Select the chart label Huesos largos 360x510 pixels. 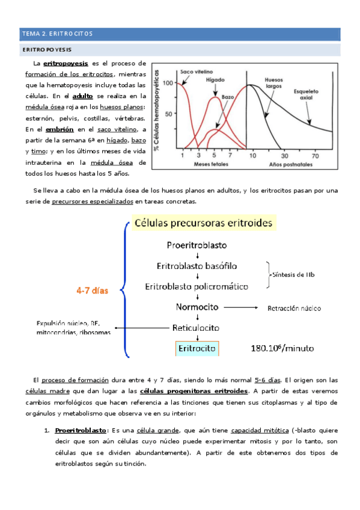[275, 82]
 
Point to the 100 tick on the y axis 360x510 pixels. [168, 83]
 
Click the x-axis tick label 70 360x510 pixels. [315, 155]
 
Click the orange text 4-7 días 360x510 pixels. [91, 290]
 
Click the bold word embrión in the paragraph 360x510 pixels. [58, 129]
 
